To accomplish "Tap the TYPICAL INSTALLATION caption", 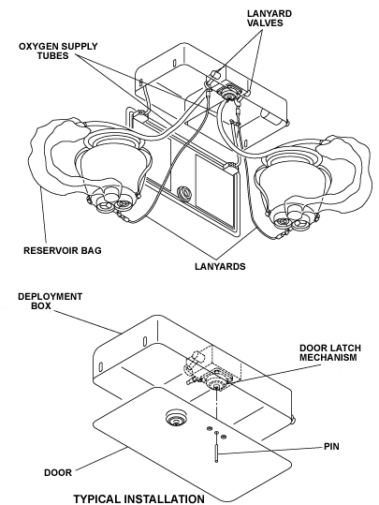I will coord(138,498).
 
